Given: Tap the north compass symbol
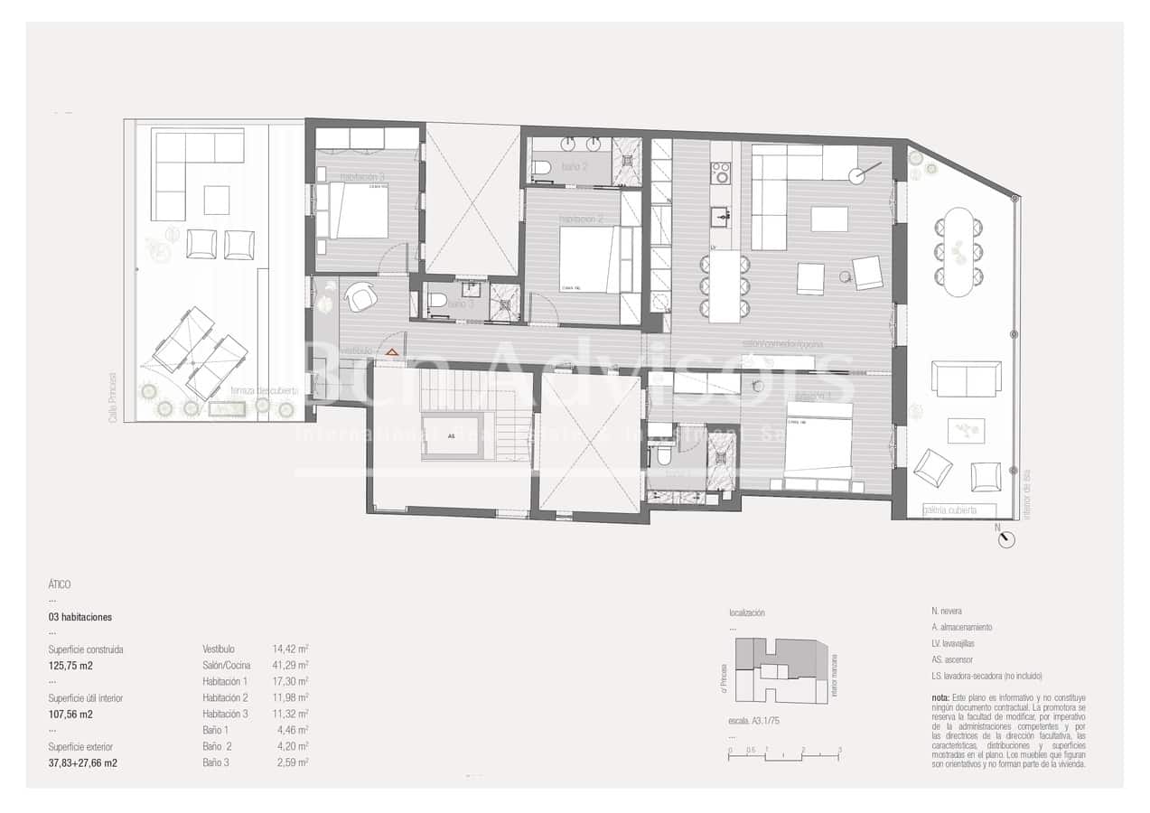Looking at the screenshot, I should click(1007, 539).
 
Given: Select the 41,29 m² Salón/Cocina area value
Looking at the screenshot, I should click(291, 665).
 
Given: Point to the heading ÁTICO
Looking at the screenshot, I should click(60, 584).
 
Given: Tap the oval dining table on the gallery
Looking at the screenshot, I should click(958, 252).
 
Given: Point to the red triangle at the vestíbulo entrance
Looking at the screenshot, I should click(392, 350).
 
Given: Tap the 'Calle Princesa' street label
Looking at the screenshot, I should click(114, 397).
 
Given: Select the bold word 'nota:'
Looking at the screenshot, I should click(940, 698).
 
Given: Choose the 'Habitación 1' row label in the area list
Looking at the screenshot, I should click(225, 681).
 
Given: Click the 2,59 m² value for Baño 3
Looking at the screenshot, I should click(291, 762).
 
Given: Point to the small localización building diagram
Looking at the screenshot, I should click(781, 669).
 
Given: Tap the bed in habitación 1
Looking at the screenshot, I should click(818, 446).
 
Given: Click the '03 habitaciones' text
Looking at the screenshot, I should click(80, 617).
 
